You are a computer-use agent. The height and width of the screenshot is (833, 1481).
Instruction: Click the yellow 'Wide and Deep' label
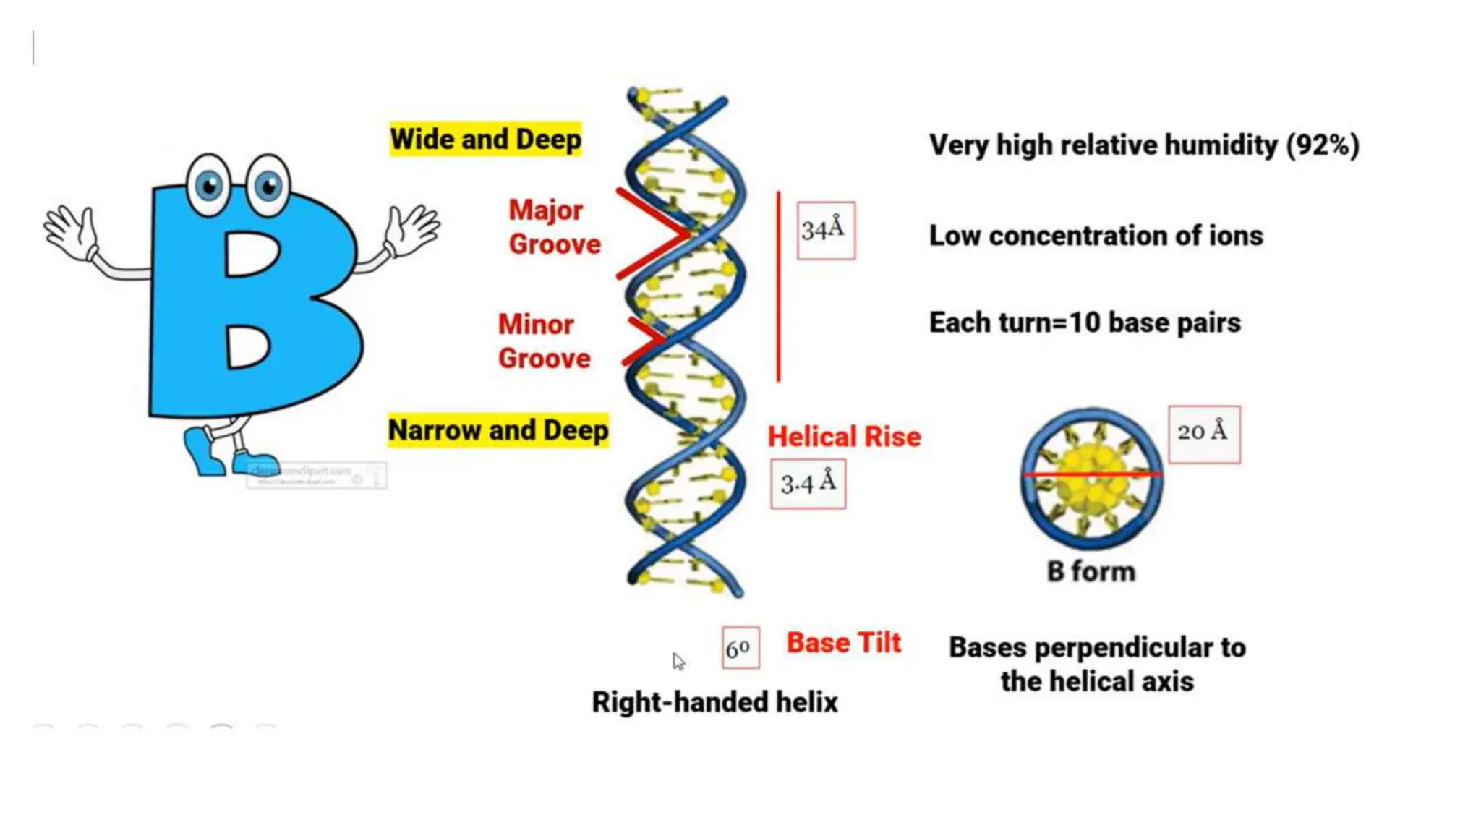tap(485, 139)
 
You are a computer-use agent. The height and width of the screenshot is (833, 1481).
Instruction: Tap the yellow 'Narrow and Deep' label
tap(498, 430)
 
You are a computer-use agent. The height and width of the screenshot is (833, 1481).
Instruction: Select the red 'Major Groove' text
tap(554, 227)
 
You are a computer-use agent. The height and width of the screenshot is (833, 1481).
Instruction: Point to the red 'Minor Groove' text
tap(544, 341)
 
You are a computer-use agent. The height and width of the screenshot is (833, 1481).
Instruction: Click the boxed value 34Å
tap(825, 230)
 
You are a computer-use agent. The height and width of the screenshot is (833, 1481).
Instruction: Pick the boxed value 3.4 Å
tap(808, 483)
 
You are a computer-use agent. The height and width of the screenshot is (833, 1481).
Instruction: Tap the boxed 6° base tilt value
tap(740, 648)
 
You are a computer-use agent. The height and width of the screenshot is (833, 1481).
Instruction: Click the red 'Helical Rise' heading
tap(844, 437)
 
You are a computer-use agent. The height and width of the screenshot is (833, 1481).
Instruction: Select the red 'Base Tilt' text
tap(844, 643)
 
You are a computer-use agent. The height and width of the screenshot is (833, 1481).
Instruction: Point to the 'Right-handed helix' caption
tap(714, 702)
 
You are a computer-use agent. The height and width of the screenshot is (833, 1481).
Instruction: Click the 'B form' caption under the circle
tap(1091, 572)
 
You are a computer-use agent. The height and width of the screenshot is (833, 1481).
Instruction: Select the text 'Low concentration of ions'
tap(1096, 236)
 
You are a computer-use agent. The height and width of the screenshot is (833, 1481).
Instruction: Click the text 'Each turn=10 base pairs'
tap(1085, 322)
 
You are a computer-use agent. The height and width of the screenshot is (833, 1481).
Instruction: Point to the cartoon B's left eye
tap(209, 185)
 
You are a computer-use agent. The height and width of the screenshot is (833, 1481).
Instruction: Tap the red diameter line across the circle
tap(1092, 474)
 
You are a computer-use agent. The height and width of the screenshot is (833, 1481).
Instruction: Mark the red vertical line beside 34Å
tap(778, 286)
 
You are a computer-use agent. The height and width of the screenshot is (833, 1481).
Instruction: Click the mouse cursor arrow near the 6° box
tap(678, 660)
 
